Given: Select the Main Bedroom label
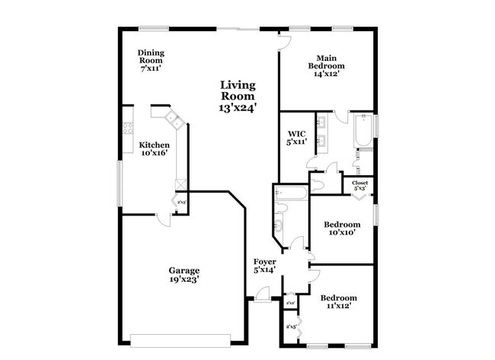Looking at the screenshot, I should point(327,66).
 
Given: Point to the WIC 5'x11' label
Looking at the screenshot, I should point(296,137).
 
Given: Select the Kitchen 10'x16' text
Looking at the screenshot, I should point(153,148).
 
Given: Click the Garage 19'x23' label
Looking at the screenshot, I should point(184,275).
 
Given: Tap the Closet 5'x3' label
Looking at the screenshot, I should point(359,185).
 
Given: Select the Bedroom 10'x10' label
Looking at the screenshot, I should point(342,228).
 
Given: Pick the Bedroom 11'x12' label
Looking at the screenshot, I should point(338,301).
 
